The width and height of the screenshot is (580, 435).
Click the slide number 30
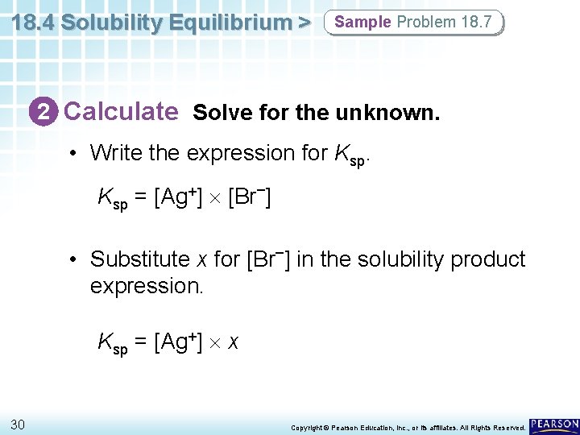[18, 425]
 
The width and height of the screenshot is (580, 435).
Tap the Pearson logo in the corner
[554, 425]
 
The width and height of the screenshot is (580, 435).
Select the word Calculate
[121, 111]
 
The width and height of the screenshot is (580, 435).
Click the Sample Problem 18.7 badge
[413, 22]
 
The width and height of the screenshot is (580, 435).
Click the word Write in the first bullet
[114, 152]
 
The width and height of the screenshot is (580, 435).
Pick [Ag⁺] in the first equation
[178, 196]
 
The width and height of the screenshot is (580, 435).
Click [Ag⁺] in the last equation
[178, 342]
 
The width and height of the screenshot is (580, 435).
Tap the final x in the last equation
[233, 343]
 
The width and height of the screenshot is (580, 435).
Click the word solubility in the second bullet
[399, 259]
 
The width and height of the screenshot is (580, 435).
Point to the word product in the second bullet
[488, 259]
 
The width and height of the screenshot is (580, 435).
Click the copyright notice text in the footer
[408, 427]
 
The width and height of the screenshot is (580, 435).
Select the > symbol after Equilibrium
[303, 23]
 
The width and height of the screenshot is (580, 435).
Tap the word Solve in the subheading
[217, 113]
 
